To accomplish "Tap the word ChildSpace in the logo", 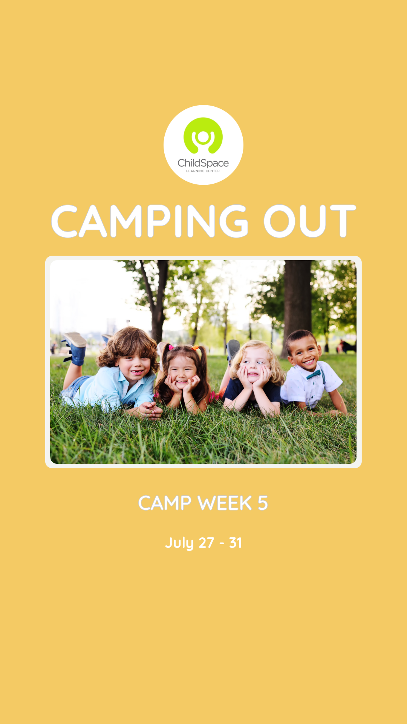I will coord(203,163).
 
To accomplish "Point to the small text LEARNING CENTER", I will coord(203,171).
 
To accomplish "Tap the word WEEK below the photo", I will coord(225,503).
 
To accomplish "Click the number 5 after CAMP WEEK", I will coord(263,503).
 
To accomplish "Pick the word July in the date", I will coord(179,543).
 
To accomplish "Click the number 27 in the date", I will coord(206,543).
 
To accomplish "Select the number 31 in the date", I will coord(236,543).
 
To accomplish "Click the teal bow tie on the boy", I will coord(314,374).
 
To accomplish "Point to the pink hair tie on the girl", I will coord(171,347).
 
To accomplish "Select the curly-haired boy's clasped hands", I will coord(150,410).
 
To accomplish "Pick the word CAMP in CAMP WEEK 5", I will coord(165,503).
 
